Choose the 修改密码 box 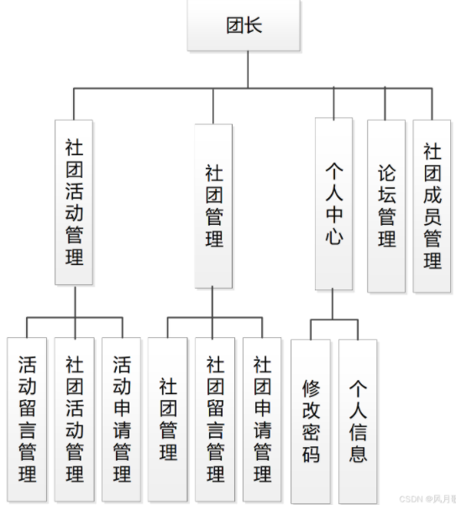[311, 421]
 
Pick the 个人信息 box [358, 421]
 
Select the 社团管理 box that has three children [213, 206]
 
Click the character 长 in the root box [254, 26]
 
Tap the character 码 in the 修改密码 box [311, 455]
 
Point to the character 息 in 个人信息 [358, 455]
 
